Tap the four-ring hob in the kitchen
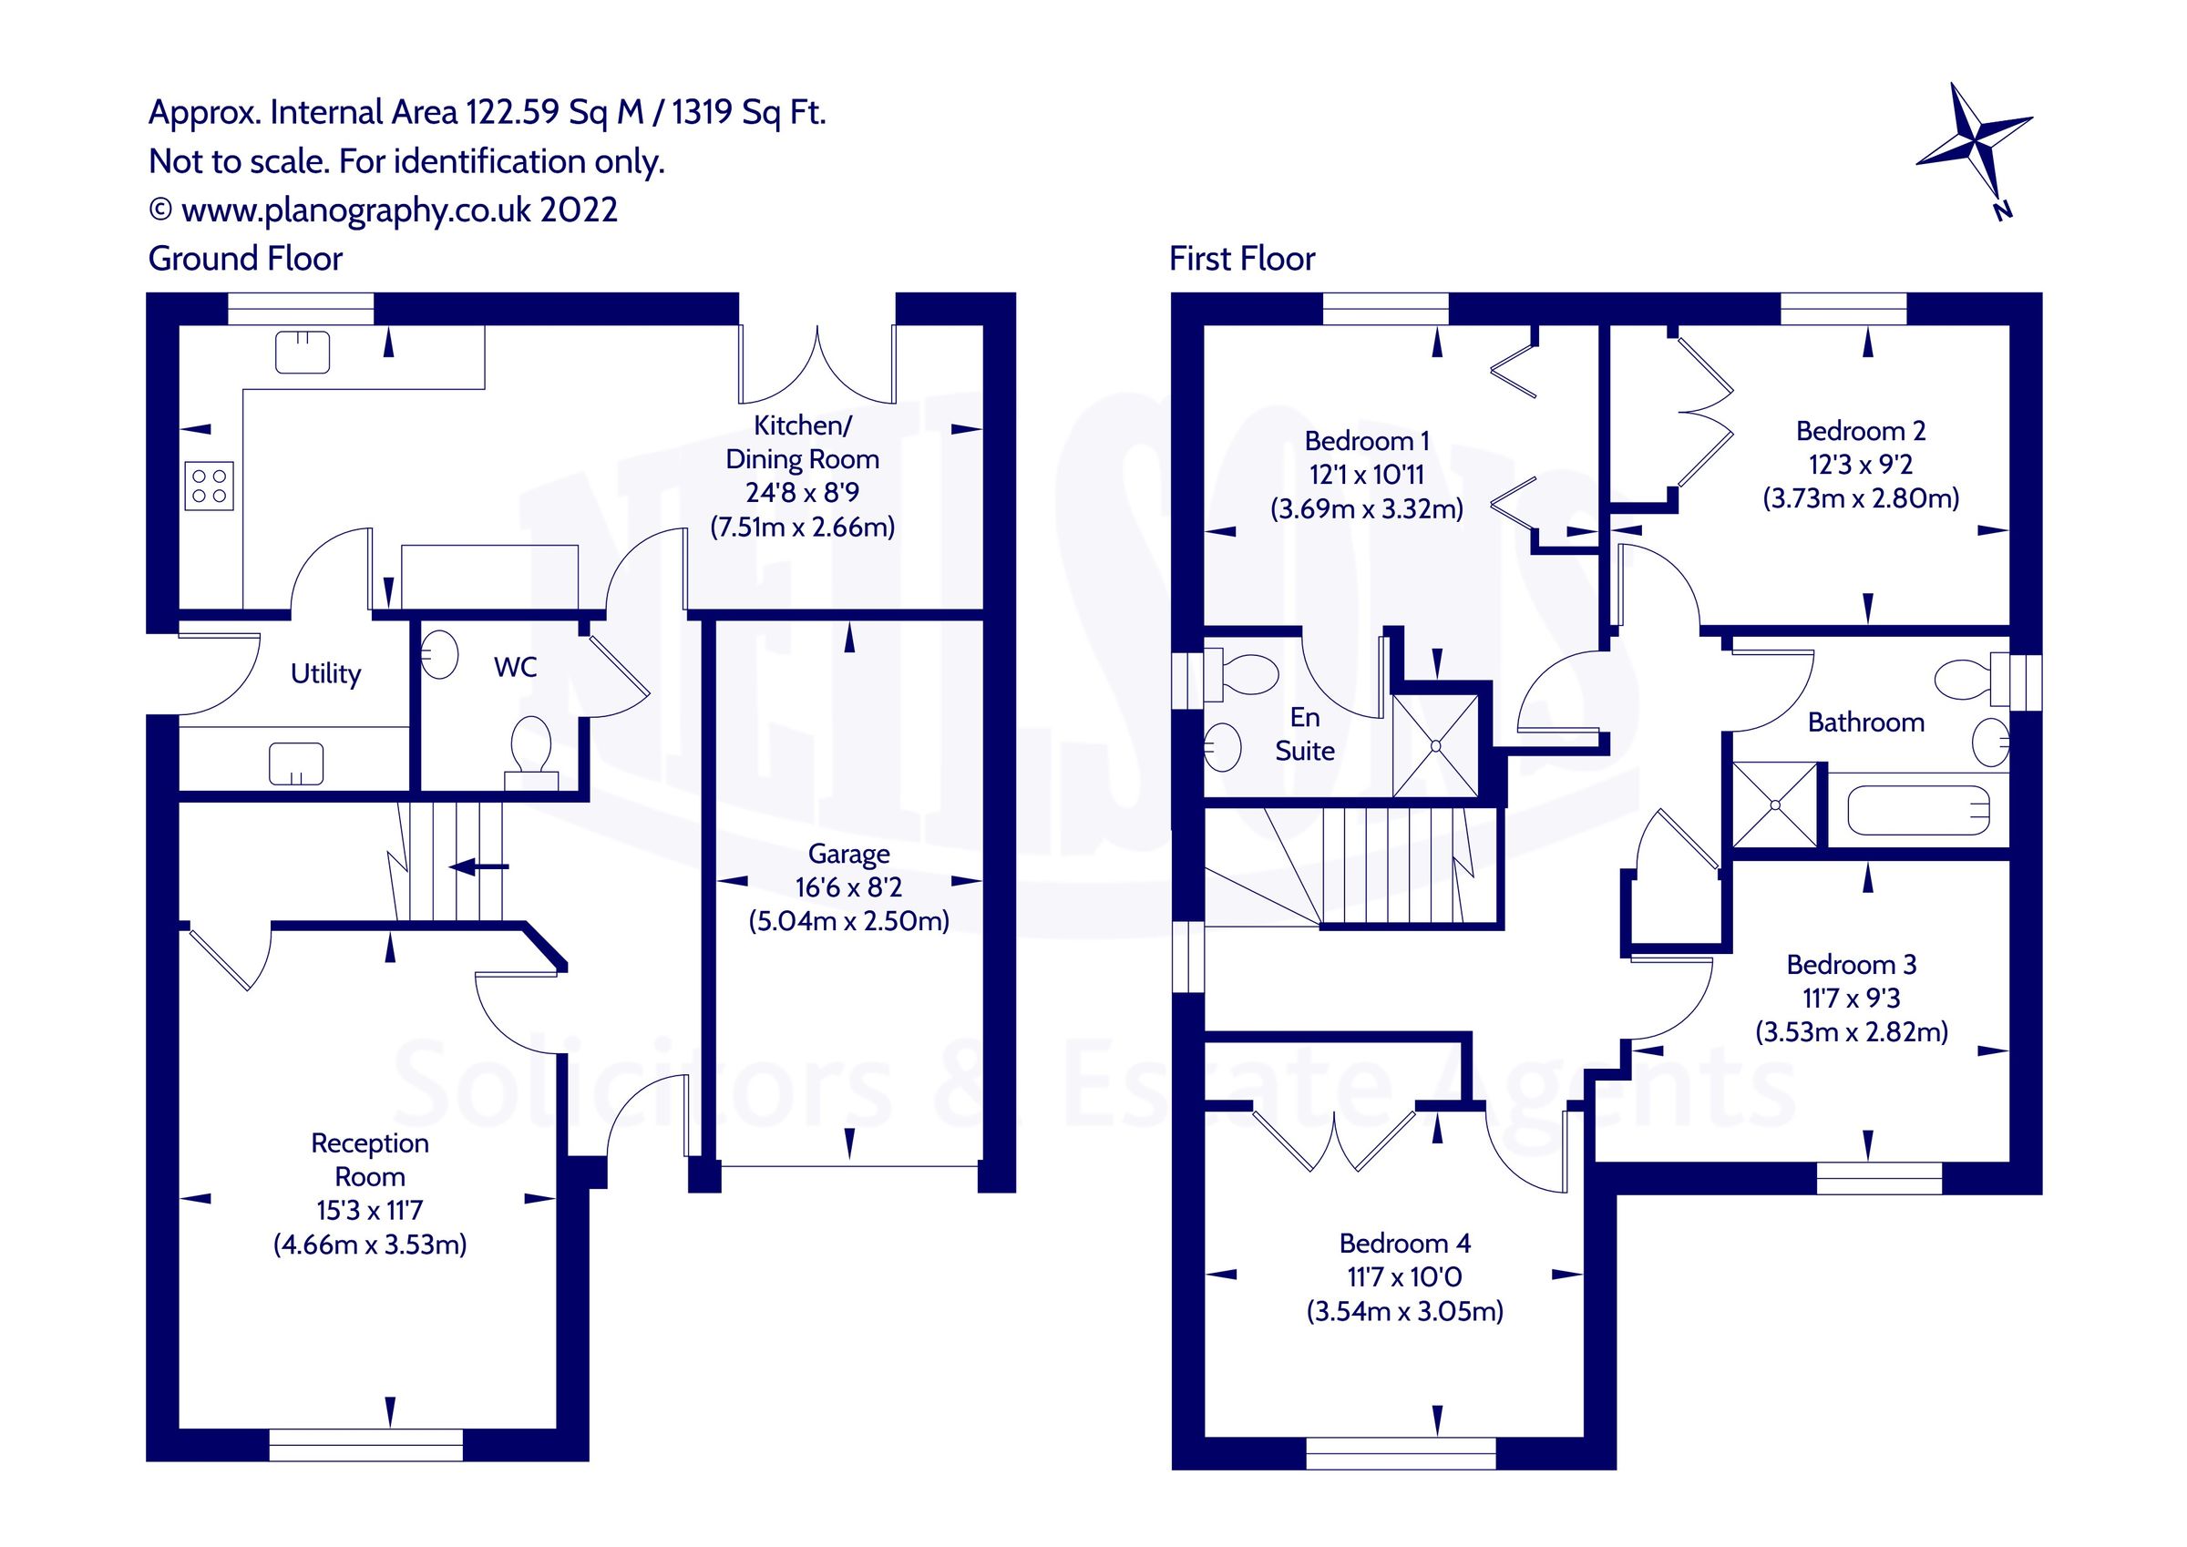(x=209, y=486)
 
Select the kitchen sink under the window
(x=302, y=352)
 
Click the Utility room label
(x=325, y=673)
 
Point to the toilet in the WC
(x=531, y=751)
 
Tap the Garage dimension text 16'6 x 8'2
(x=848, y=887)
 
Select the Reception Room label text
(x=370, y=1159)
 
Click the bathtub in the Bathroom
(x=1917, y=812)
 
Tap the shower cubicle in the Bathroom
(x=1775, y=805)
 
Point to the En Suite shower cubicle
(x=1435, y=746)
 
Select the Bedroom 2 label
(x=1860, y=432)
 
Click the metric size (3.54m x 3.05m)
(x=1404, y=1312)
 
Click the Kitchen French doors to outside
(x=817, y=367)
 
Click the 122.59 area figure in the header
(x=512, y=112)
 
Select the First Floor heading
(x=1241, y=259)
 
